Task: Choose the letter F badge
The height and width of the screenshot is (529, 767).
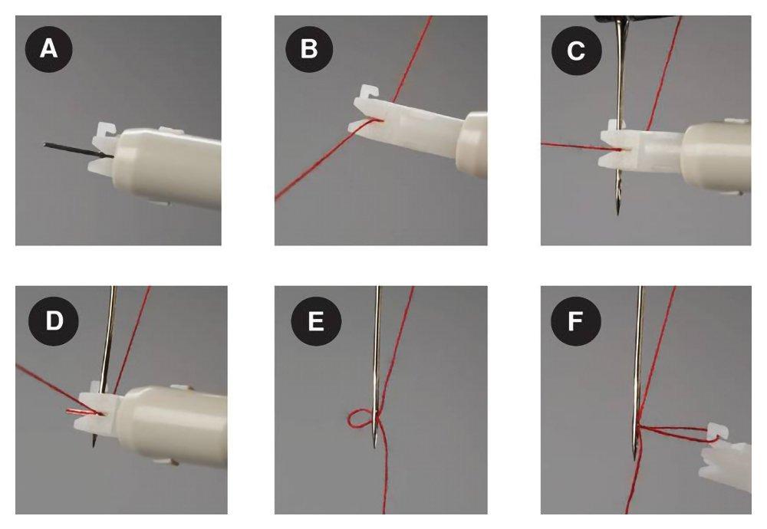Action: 574,320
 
